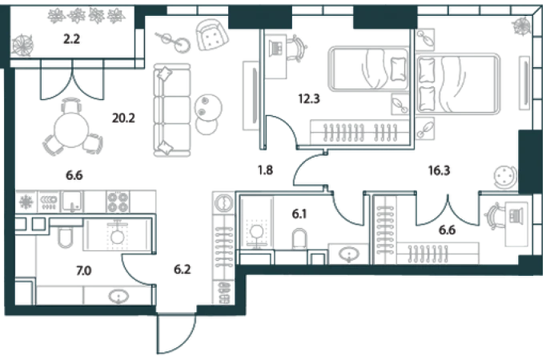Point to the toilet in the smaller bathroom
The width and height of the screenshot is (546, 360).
(x=298, y=237)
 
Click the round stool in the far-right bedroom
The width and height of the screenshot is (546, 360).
(x=504, y=175)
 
